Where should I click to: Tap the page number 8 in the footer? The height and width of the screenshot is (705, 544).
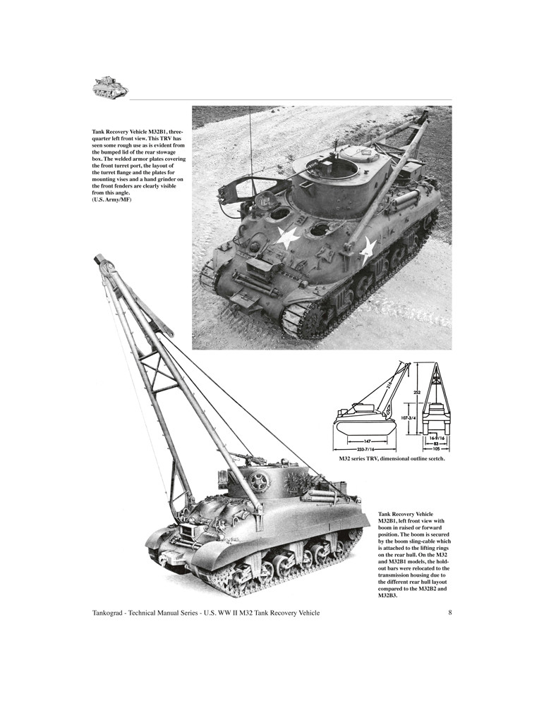tap(449, 613)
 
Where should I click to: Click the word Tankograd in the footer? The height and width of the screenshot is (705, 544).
tap(113, 613)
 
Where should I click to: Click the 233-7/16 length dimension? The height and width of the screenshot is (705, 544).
tap(364, 448)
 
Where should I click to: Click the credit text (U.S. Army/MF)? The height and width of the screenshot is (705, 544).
tap(111, 200)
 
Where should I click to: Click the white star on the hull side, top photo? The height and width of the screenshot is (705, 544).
tap(368, 249)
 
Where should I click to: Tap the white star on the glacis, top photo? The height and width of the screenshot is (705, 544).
tap(287, 238)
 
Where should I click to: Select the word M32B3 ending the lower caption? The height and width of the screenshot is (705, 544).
tap(388, 595)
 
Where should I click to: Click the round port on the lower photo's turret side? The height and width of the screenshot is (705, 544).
tap(258, 482)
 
